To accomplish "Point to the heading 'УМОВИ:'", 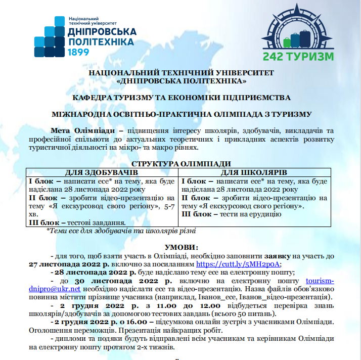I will pyautogui.click(x=180, y=247).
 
